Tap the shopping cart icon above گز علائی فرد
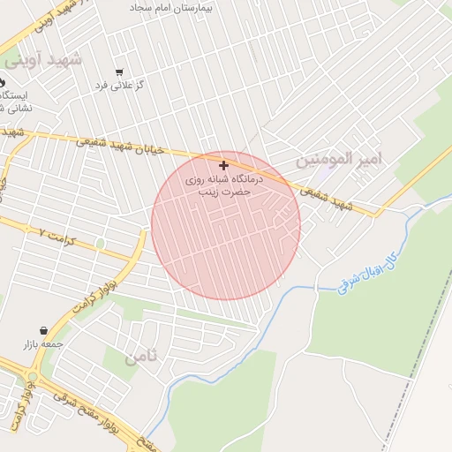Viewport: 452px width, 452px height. click(x=119, y=72)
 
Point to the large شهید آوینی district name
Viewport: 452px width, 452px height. click(x=41, y=60)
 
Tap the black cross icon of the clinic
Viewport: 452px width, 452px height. click(x=224, y=165)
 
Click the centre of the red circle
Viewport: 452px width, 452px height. click(x=226, y=225)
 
